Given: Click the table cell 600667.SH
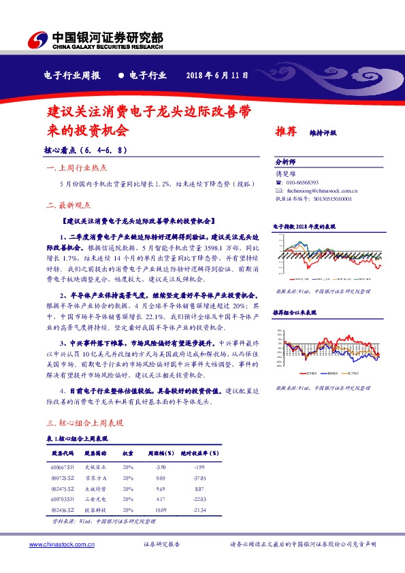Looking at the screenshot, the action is click(62, 467).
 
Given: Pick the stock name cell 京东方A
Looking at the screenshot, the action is click(96, 478).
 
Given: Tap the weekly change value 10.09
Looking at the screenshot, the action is click(161, 510).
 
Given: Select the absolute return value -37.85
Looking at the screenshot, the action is click(198, 478).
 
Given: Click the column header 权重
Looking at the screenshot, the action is click(128, 453).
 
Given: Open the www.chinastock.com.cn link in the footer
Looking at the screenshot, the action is click(61, 544).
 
